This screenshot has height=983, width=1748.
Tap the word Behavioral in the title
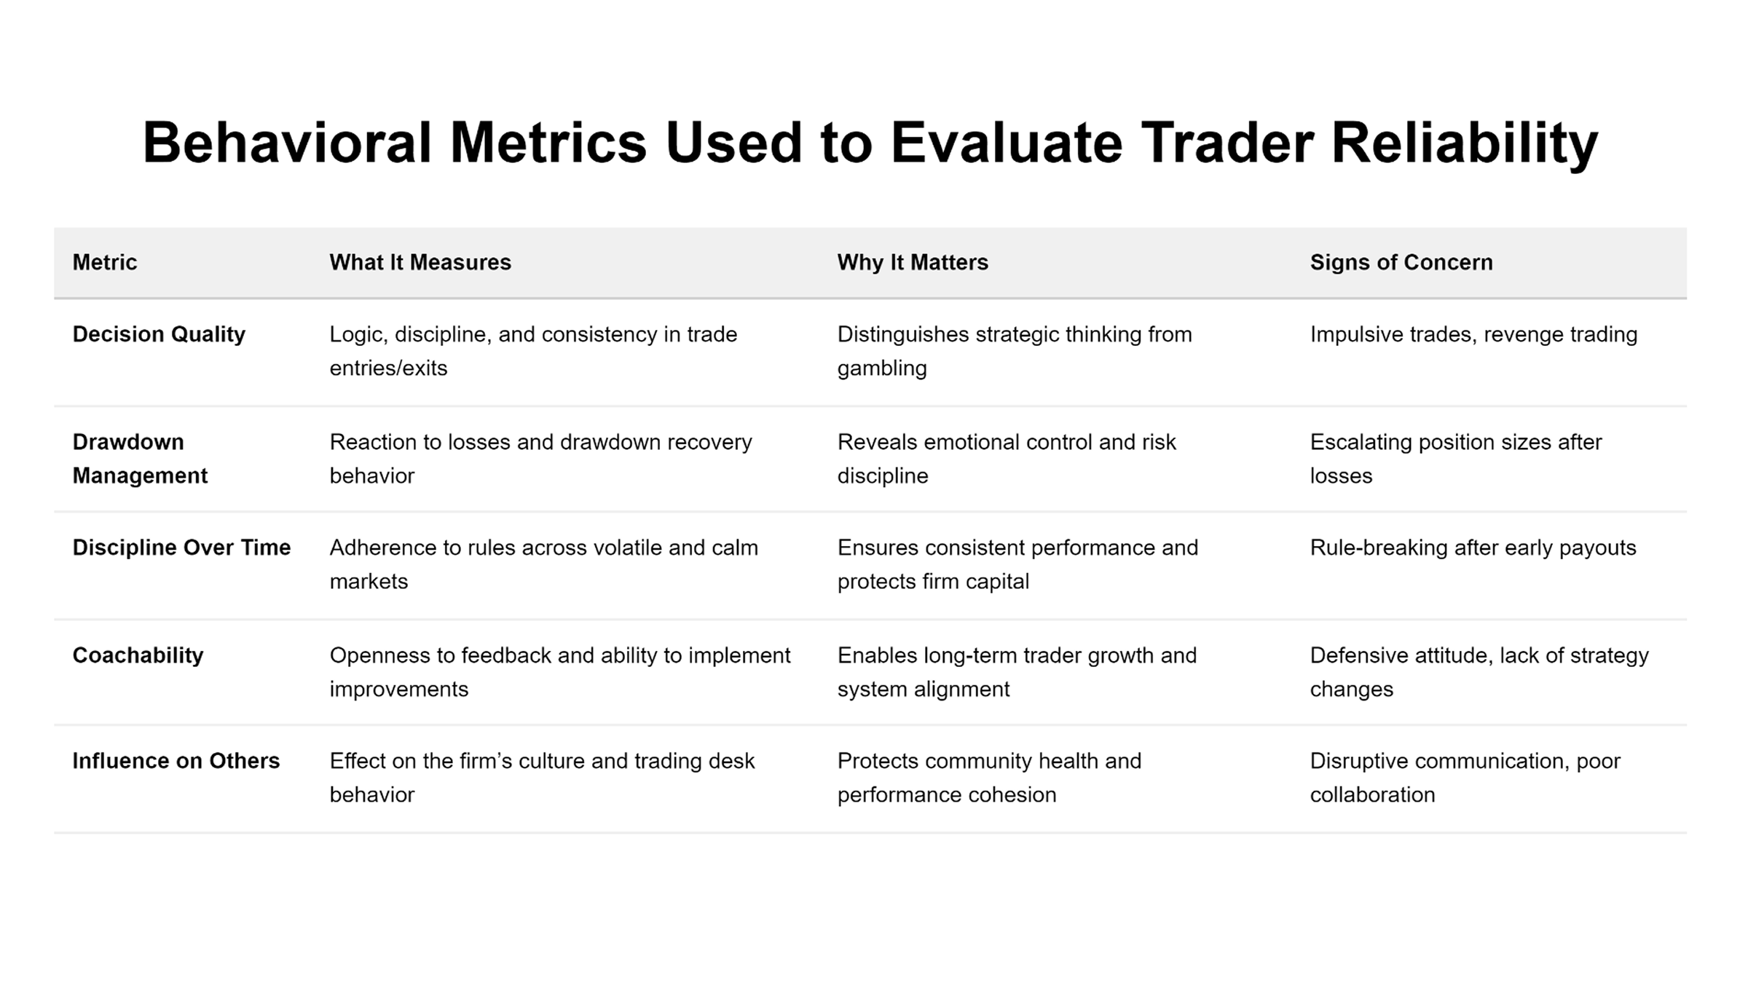[287, 142]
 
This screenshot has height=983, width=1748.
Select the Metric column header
[105, 262]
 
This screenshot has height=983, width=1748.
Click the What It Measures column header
[420, 262]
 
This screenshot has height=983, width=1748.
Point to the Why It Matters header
[913, 262]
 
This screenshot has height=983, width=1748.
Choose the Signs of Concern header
[1401, 262]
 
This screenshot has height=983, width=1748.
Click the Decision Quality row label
[159, 334]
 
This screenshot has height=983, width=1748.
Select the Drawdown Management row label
[140, 459]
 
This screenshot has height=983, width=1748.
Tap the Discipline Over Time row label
[181, 548]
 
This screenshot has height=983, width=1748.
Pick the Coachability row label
[138, 655]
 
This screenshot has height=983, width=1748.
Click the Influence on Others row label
[176, 761]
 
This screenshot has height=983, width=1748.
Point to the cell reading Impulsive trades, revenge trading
[1473, 334]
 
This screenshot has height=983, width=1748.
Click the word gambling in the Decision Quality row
[882, 368]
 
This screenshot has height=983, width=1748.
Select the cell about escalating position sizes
[1455, 459]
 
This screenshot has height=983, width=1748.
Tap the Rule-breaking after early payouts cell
[1473, 548]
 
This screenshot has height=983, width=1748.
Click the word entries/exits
[388, 368]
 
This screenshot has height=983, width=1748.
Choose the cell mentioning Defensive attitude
[1479, 672]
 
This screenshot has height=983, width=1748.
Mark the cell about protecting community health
[989, 778]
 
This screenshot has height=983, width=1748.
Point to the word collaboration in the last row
[1372, 794]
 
